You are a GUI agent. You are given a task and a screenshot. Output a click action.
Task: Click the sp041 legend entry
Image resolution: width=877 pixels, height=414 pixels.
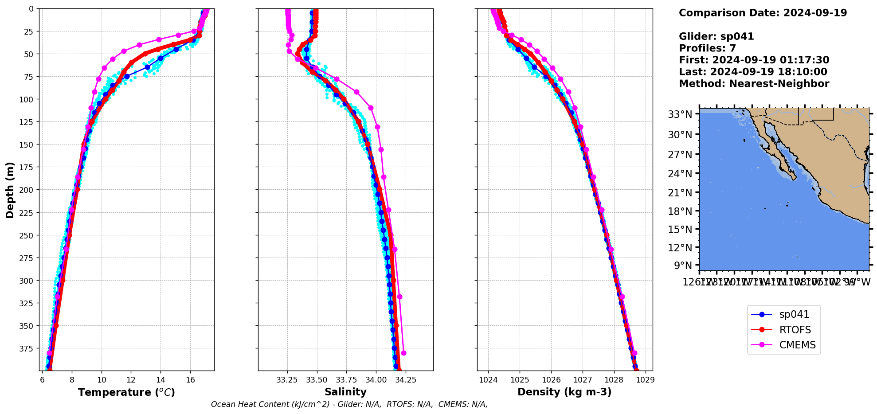click(x=794, y=315)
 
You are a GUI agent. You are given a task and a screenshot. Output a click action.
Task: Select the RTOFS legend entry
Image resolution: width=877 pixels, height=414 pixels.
click(x=795, y=330)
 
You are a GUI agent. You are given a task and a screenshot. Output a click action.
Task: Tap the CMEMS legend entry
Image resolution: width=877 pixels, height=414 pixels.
click(x=797, y=345)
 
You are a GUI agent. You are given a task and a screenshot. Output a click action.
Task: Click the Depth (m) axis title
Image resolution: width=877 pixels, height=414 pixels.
click(x=10, y=190)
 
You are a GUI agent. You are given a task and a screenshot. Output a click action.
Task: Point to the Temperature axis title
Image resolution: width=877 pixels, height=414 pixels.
click(x=126, y=392)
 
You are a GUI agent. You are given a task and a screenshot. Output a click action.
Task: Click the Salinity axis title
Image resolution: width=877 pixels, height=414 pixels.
click(x=345, y=392)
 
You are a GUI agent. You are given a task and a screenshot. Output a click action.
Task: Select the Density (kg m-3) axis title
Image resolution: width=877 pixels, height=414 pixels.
click(x=564, y=392)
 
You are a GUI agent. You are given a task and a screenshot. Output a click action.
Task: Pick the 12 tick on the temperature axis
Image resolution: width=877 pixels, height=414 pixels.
click(x=131, y=380)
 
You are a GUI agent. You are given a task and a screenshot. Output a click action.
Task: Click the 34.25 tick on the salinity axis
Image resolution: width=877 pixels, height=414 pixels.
click(x=406, y=380)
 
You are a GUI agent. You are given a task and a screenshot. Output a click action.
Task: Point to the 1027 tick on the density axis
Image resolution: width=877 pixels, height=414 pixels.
click(x=583, y=380)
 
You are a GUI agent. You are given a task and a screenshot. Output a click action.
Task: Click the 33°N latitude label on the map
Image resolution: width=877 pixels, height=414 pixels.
click(x=680, y=114)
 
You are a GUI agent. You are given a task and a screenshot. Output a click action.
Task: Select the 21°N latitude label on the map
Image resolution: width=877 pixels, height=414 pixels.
click(x=680, y=193)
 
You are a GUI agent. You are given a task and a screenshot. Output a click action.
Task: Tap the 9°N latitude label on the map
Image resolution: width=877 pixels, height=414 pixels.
click(x=683, y=266)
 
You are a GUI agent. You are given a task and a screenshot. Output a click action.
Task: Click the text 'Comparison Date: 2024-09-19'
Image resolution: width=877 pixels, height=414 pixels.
click(x=763, y=13)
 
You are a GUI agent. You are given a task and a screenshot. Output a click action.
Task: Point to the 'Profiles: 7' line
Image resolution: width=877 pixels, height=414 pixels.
click(x=707, y=48)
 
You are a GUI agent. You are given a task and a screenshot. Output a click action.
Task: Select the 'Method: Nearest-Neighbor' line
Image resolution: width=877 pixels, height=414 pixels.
click(x=754, y=84)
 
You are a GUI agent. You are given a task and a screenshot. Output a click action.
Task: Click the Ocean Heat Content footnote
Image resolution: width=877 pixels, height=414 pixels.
click(x=349, y=404)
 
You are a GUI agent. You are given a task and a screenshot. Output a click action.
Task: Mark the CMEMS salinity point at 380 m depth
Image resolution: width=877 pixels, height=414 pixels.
click(x=403, y=353)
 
